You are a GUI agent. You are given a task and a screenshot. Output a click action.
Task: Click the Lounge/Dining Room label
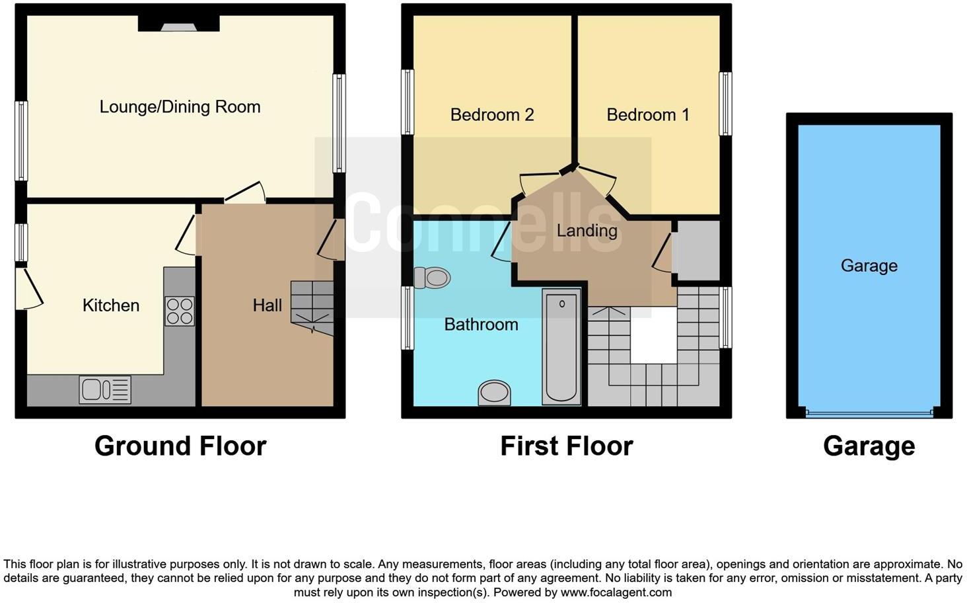[180, 106]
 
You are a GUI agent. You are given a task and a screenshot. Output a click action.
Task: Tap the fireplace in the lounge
[178, 25]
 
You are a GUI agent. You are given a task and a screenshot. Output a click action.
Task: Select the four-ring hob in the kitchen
[180, 311]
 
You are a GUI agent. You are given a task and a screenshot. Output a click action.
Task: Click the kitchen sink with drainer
[105, 389]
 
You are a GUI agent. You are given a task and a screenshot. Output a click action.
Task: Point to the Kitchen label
[111, 305]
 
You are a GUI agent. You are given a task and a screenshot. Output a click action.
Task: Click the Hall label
[267, 305]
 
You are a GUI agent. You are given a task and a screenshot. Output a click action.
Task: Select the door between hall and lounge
[245, 194]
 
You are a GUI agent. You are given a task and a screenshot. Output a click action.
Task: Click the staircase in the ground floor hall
[312, 307]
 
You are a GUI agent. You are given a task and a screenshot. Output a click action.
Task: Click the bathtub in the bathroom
[561, 346]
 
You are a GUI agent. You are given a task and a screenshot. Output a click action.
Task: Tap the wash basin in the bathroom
[494, 393]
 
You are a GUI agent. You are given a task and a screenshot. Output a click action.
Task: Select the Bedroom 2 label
[492, 115]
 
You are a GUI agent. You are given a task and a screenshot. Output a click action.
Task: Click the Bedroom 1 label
[648, 115]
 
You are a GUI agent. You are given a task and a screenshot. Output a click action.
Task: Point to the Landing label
[587, 230]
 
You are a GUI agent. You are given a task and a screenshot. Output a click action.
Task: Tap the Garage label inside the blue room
[869, 266]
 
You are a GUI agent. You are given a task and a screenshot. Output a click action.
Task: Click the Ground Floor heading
[180, 446]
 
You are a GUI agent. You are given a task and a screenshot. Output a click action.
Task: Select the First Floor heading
[566, 446]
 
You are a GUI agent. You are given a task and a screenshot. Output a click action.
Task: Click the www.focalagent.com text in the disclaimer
[616, 592]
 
